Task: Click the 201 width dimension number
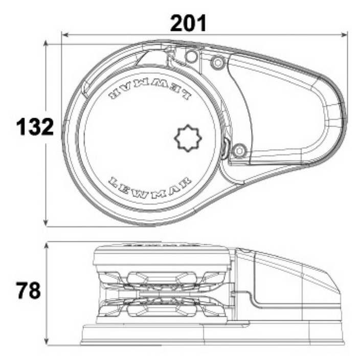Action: pos(188,23)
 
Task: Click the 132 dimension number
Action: pos(35,126)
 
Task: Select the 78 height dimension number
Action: pos(28,290)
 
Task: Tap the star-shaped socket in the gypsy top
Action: pos(188,138)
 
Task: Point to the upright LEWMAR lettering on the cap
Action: pos(149,187)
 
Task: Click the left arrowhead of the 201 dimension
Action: pos(65,35)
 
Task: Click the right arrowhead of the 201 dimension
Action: pos(344,35)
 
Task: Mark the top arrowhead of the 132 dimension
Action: pos(46,43)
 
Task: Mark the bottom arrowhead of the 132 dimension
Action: pos(46,223)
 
